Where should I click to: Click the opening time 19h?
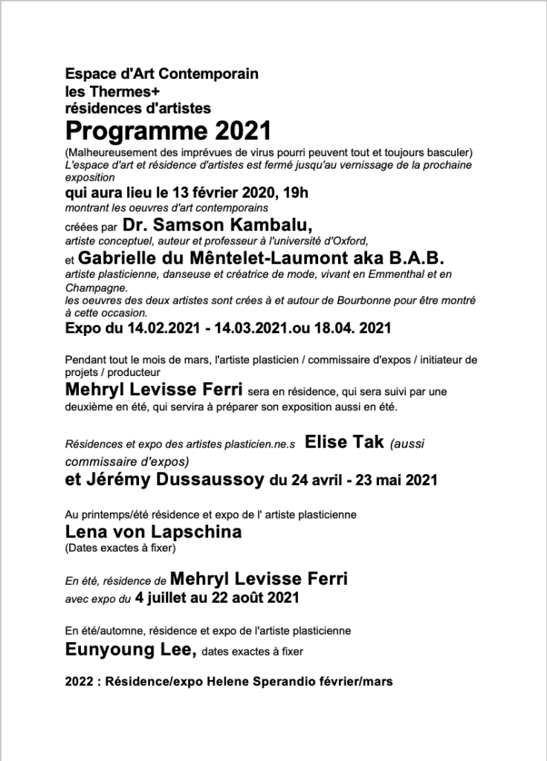(292, 193)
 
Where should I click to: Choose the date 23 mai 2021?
(397, 481)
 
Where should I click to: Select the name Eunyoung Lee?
(129, 651)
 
